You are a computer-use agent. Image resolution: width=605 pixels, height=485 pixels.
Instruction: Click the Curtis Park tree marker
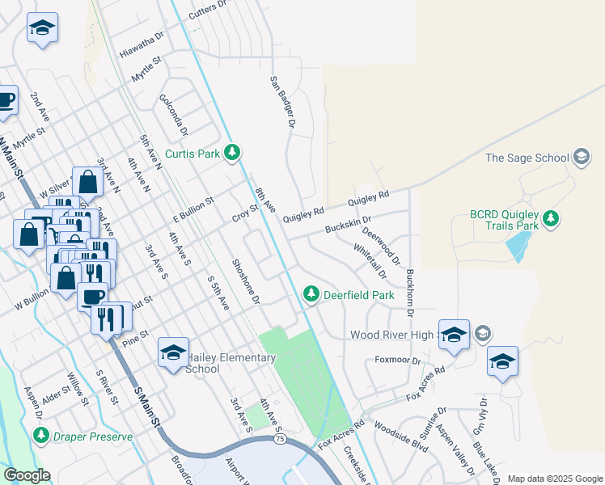pos(232,152)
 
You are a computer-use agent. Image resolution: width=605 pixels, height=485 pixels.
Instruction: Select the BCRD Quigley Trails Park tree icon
pos(551,219)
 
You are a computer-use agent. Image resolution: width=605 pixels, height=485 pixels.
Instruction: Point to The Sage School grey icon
pos(581,158)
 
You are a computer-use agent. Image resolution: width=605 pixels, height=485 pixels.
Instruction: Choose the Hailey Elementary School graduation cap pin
pos(173,353)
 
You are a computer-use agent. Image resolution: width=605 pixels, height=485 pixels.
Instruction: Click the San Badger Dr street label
pos(281,103)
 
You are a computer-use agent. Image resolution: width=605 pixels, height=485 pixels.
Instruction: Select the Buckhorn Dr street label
pos(410,292)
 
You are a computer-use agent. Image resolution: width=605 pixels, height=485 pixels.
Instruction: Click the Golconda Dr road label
pos(174,117)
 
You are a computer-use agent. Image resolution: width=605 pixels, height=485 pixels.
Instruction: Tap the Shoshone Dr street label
pos(245,281)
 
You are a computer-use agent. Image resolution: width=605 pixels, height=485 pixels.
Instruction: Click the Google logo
pos(27,474)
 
